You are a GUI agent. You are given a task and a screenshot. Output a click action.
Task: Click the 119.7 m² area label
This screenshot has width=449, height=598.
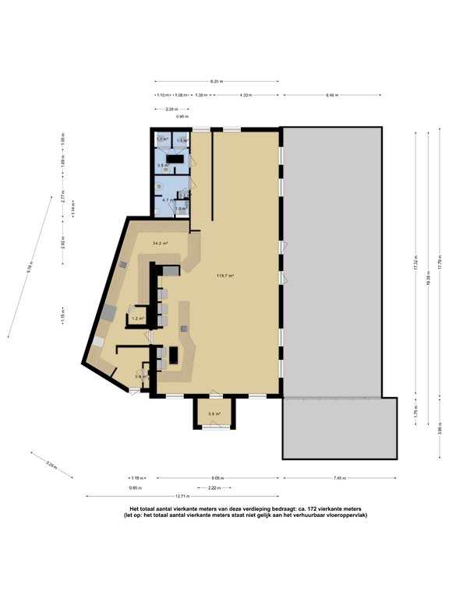click(x=226, y=276)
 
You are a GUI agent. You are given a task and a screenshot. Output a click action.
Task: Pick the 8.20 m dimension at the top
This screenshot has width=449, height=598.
click(x=217, y=81)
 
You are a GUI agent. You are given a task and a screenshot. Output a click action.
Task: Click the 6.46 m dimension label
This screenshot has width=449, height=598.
click(x=332, y=95)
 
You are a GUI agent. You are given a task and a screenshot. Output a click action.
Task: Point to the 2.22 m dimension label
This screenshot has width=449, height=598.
click(x=214, y=487)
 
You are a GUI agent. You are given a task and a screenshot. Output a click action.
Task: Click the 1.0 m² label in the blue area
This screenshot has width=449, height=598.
click(x=180, y=209)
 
